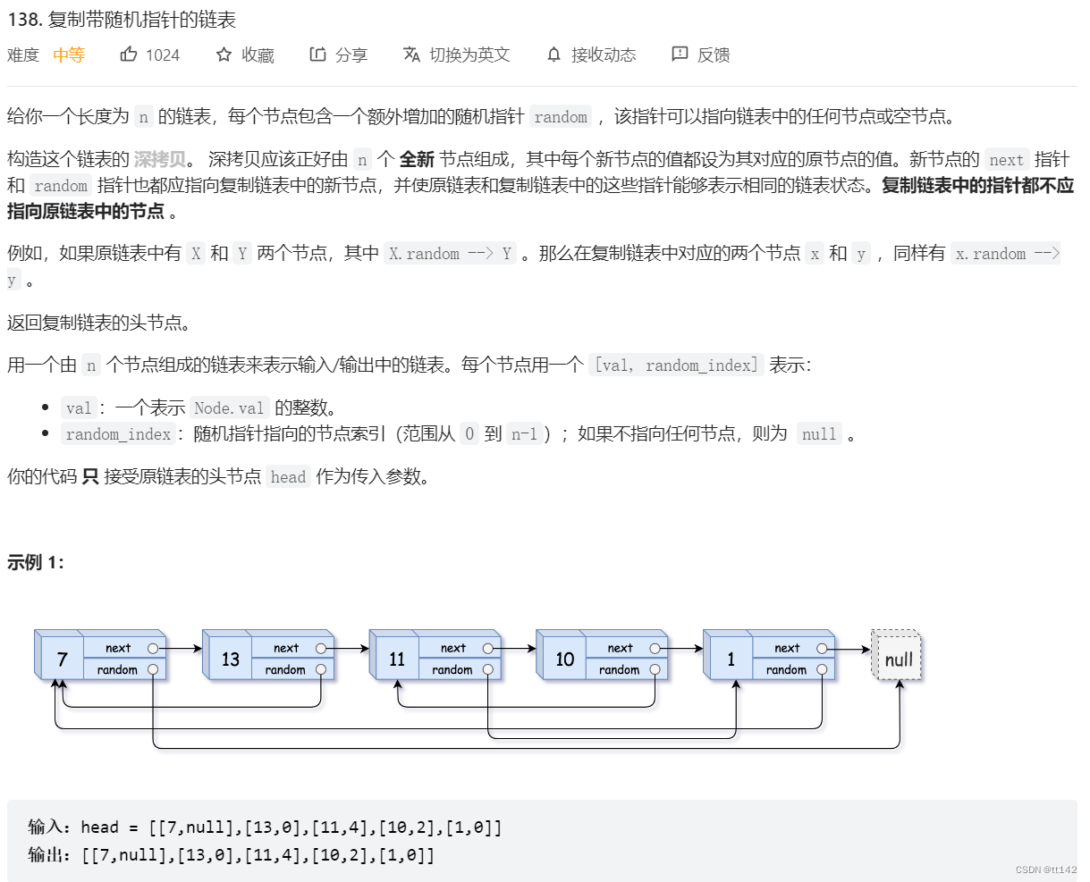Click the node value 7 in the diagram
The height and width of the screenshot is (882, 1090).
(x=62, y=659)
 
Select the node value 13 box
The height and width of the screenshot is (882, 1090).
(x=230, y=659)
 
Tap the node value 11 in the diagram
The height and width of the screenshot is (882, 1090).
(x=397, y=659)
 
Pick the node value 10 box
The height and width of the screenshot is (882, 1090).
(x=564, y=659)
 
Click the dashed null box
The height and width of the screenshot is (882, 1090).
(x=898, y=659)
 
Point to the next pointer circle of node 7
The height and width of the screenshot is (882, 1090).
(x=153, y=648)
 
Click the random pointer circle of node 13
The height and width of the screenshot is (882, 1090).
(x=320, y=669)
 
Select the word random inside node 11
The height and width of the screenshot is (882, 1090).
(x=452, y=669)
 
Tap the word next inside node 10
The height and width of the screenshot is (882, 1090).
(x=620, y=648)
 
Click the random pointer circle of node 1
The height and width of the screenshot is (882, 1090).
(x=822, y=669)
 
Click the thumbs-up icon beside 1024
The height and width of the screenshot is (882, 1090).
(x=129, y=55)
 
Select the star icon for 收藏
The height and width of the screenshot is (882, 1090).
(x=224, y=55)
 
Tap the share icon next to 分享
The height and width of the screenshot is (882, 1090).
(x=317, y=55)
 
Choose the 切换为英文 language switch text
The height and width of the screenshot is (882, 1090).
(x=469, y=55)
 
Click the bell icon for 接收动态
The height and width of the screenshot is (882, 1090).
(x=554, y=55)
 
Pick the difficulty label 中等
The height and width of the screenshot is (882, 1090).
(x=69, y=55)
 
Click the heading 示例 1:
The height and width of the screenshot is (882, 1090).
(x=36, y=562)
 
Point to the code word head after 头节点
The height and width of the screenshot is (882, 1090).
(x=288, y=476)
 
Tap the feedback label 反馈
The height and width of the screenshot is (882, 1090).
(x=714, y=55)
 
